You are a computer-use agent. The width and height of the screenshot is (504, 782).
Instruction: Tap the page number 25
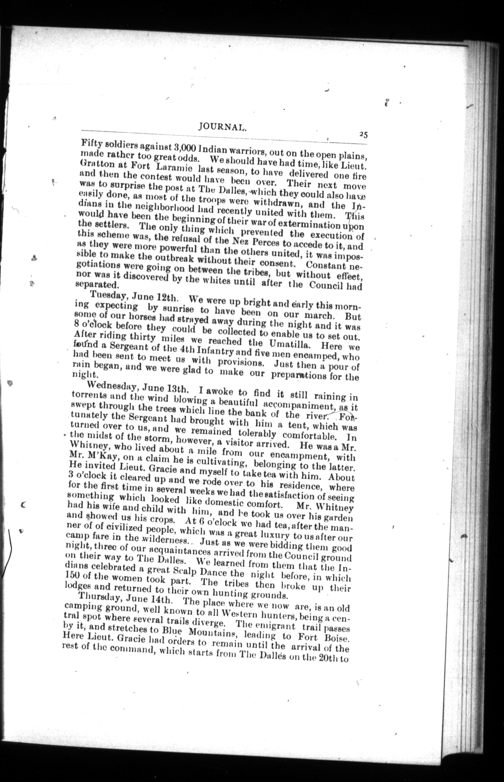[363, 134]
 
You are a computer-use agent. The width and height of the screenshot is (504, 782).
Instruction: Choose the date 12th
[167, 299]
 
